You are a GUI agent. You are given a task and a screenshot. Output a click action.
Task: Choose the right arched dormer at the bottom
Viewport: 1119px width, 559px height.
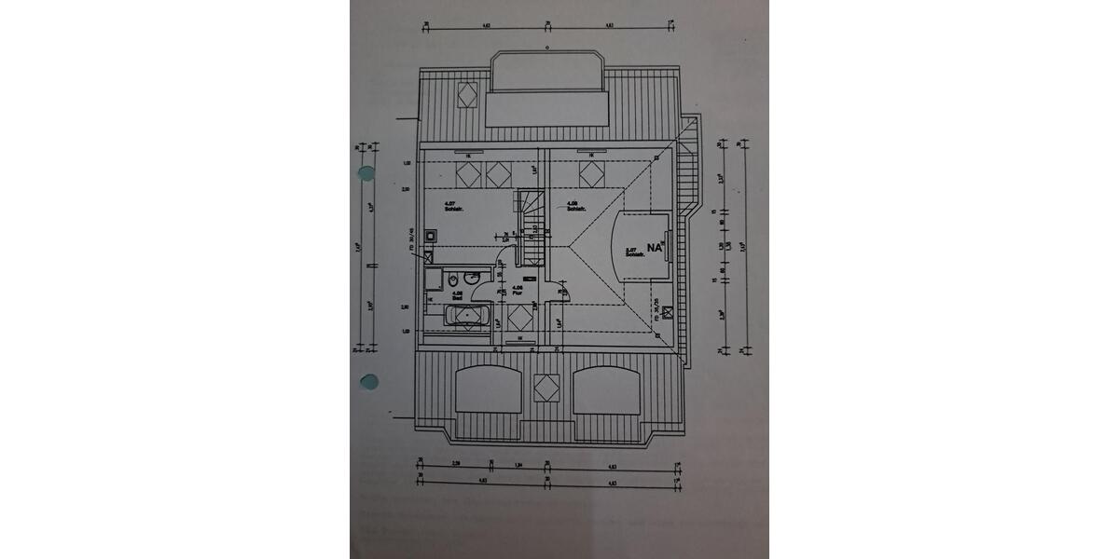pyautogui.click(x=606, y=390)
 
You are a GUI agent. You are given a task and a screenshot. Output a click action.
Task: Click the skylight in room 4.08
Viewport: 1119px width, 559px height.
pyautogui.click(x=590, y=173)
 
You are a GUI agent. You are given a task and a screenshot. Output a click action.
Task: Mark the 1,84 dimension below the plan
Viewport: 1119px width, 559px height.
pyautogui.click(x=520, y=465)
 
